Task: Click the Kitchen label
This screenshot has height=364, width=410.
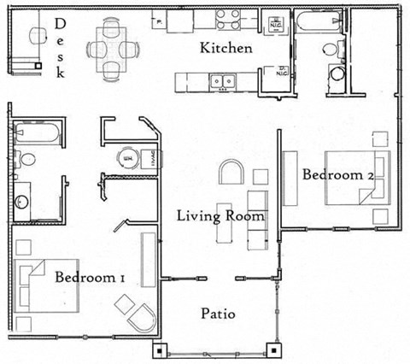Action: click(225, 48)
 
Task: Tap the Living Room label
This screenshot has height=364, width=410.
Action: click(220, 215)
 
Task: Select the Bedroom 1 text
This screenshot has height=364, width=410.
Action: click(91, 278)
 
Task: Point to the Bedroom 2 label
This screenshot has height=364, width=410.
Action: click(339, 174)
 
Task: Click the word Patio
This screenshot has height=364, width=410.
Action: click(218, 314)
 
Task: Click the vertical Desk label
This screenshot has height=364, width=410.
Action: click(61, 48)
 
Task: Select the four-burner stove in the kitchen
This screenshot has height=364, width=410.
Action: click(228, 18)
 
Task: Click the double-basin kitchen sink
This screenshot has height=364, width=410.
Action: click(225, 82)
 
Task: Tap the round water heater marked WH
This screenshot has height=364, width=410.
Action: click(128, 159)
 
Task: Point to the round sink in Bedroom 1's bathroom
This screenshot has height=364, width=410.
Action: click(22, 203)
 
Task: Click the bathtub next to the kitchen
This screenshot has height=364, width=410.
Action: click(319, 21)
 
